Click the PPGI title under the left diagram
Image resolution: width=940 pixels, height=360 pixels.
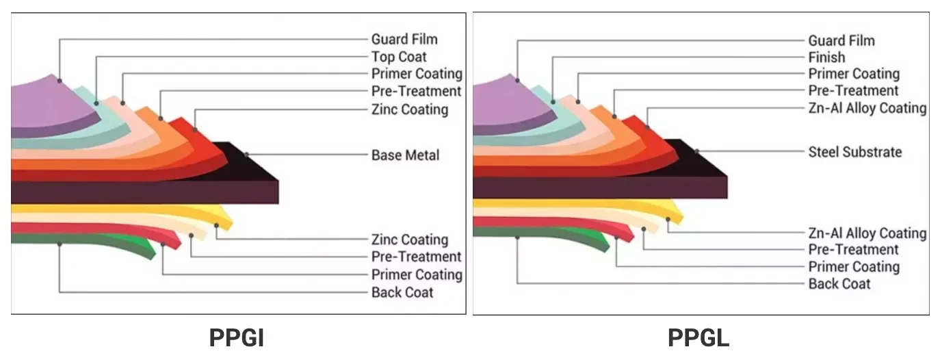tap(237, 339)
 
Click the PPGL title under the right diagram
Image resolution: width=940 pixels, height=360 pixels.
tap(698, 339)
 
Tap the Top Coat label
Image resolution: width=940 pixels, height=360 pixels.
tap(399, 57)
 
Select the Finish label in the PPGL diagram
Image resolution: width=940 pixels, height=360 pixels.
tap(826, 57)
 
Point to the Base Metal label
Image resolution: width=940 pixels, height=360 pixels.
tap(405, 155)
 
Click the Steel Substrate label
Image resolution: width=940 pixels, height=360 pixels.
tap(854, 152)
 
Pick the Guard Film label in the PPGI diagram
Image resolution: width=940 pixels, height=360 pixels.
tap(404, 40)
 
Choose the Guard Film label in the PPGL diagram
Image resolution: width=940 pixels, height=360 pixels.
tap(841, 41)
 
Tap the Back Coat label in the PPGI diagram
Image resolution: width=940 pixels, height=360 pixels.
tap(402, 293)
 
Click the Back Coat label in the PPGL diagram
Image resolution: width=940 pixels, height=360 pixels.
tap(839, 284)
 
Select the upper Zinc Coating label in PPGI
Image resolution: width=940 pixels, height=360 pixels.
tap(409, 110)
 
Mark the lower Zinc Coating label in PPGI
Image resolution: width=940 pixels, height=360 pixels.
tap(409, 240)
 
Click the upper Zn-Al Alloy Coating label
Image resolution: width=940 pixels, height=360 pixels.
tap(867, 108)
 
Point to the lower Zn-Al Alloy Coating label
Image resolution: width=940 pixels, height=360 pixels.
tap(867, 233)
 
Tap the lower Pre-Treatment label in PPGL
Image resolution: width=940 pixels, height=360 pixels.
tap(853, 250)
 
